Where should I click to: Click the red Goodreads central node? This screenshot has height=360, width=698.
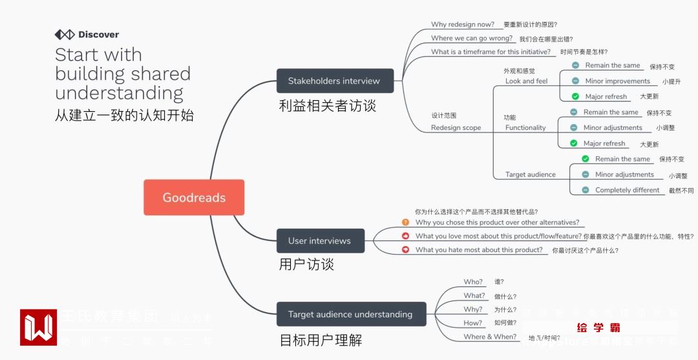point(194,198)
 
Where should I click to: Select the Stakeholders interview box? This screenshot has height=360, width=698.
point(334,81)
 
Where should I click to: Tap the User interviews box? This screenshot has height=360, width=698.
point(320,241)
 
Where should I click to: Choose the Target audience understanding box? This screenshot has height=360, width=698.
point(351,314)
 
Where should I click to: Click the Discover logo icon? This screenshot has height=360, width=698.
point(65,35)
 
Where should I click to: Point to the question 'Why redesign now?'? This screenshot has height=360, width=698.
point(462,25)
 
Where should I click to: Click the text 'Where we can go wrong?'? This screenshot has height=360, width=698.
point(471,38)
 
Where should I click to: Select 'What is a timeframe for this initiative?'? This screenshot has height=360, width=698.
point(491,52)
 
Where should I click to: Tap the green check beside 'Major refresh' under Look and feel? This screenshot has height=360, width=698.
point(575,97)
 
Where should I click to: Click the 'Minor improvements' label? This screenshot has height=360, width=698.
point(617,81)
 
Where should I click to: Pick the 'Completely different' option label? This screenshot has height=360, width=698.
point(627,190)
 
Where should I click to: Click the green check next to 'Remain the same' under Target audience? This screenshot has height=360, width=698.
point(585,159)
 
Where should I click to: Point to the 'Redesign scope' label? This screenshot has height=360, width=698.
point(456,127)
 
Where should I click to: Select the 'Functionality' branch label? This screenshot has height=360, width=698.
point(525,127)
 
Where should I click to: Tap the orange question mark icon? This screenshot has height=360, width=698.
point(405,222)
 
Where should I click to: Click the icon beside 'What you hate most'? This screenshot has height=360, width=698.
point(405,249)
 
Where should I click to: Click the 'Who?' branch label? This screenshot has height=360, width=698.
point(472,282)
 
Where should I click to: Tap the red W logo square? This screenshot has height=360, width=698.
point(38,327)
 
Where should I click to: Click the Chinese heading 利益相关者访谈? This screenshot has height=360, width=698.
point(327,105)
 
